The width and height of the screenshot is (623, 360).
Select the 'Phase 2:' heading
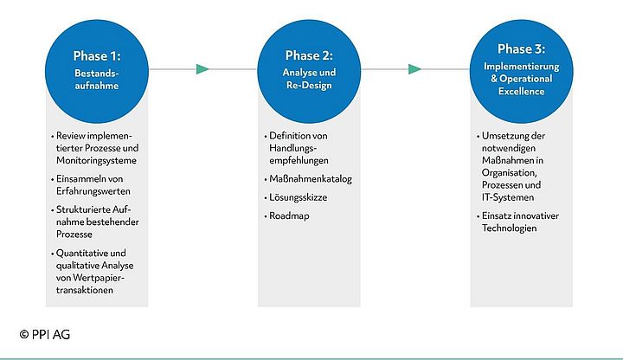click(308, 55)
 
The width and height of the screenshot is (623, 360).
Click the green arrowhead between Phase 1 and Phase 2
click(203, 69)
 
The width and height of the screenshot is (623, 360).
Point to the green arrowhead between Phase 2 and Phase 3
click(415, 69)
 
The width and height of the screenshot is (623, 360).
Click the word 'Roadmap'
click(289, 215)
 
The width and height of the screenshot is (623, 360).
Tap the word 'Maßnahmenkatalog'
click(311, 178)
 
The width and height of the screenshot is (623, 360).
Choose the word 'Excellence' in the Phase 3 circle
click(521, 91)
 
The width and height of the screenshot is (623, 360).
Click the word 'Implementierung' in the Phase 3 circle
click(521, 67)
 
